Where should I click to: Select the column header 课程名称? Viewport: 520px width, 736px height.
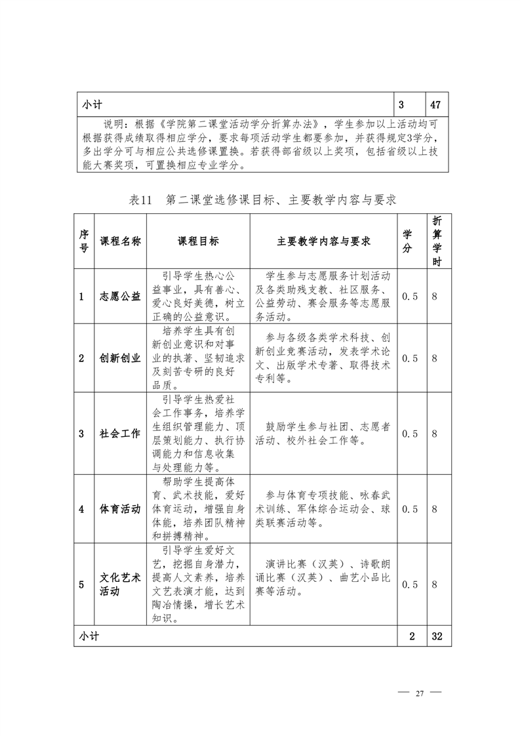pyautogui.click(x=120, y=241)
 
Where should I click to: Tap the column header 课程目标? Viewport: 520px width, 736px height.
pyautogui.click(x=198, y=241)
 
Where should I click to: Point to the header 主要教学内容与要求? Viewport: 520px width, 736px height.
pyautogui.click(x=323, y=241)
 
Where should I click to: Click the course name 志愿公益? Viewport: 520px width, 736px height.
pyautogui.click(x=120, y=296)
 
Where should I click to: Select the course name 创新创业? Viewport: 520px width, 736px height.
pyautogui.click(x=120, y=358)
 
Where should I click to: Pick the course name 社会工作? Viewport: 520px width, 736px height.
pyautogui.click(x=120, y=434)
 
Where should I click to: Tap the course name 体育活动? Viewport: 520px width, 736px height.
pyautogui.click(x=120, y=509)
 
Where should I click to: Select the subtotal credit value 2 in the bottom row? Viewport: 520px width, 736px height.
pyautogui.click(x=412, y=636)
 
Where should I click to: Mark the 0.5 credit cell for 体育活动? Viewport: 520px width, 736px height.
pyautogui.click(x=410, y=509)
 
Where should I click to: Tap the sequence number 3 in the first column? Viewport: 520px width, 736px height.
pyautogui.click(x=81, y=434)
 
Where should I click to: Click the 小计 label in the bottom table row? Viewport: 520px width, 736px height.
pyautogui.click(x=89, y=636)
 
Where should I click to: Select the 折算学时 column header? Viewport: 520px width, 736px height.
pyautogui.click(x=437, y=241)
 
